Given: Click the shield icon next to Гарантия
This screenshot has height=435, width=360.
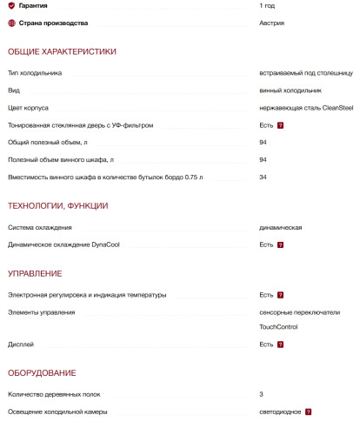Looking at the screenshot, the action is tap(11, 6).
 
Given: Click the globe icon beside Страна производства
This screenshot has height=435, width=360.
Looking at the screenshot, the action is tap(11, 23).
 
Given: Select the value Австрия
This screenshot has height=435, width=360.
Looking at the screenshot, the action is tap(271, 23).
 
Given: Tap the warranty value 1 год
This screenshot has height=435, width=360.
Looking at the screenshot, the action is tap(267, 6).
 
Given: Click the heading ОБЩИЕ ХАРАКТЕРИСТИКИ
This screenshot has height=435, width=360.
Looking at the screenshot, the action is tap(62, 52).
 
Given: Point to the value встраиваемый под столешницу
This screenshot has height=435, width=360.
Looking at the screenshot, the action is tap(305, 73).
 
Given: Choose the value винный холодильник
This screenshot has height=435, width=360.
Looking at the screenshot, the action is tap(290, 90).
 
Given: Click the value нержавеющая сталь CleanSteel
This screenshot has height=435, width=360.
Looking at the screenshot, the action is tap(306, 108).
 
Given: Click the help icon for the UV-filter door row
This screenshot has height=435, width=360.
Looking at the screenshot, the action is tap(281, 125).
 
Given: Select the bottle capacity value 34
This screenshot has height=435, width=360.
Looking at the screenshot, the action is tap(263, 177).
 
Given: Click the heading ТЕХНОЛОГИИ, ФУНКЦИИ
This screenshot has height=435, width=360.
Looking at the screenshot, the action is tap(57, 206).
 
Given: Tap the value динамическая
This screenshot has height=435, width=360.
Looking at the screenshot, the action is tap(281, 227).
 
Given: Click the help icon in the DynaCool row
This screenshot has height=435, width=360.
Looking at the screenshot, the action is tap(281, 244).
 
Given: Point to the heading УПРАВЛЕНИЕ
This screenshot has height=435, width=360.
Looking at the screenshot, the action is tap(34, 274).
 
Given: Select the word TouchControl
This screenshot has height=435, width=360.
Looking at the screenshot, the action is tap(278, 327).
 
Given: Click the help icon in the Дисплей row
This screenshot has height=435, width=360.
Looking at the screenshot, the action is tap(281, 345).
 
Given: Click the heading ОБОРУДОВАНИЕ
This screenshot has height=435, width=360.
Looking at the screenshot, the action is tap(42, 373).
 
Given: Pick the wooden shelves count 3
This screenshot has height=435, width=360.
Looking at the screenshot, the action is tap(262, 394).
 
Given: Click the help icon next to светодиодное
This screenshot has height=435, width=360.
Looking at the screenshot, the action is tap(308, 412).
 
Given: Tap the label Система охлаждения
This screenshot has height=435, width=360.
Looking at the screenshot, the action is tap(34, 227).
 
